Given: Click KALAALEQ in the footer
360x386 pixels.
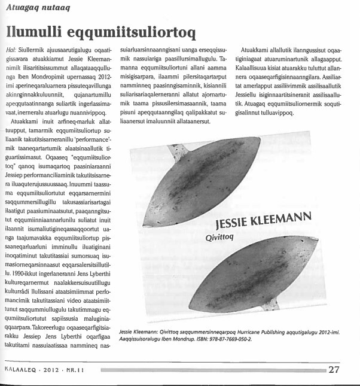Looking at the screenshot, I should pos(20,369).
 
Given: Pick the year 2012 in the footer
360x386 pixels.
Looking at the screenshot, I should pos(50,369).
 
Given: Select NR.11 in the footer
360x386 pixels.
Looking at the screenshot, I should pos(76,369).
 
